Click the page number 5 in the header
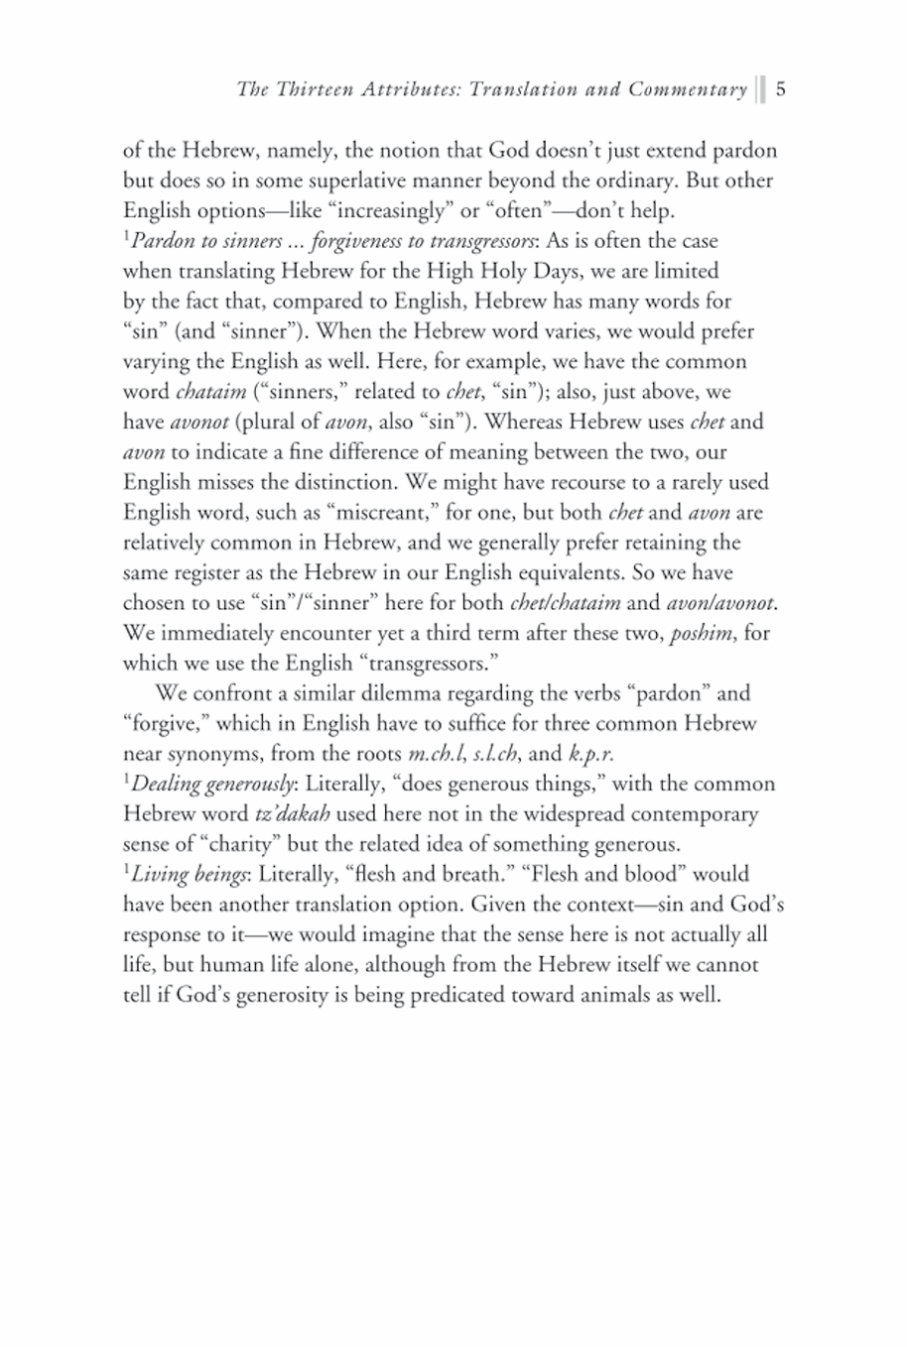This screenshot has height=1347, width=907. point(781,90)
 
